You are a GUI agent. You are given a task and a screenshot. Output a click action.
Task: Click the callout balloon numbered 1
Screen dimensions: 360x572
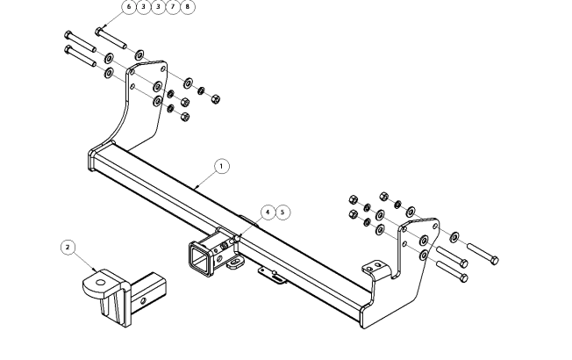pos(222,165)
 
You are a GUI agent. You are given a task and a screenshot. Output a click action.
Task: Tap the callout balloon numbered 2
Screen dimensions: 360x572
pos(68,248)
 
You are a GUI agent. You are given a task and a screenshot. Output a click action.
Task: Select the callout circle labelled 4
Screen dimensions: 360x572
pos(268,212)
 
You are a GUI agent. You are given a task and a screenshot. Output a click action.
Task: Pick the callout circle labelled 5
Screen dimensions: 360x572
pos(282,212)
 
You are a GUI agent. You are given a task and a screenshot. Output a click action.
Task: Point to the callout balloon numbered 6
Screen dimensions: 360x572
pos(129,6)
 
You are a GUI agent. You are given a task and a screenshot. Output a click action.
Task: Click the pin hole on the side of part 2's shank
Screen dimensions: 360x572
pos(139,301)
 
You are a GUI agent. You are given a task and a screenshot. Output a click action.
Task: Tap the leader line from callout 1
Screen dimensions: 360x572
pos(206,179)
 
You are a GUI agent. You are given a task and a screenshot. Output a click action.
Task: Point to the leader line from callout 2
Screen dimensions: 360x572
pos(84,262)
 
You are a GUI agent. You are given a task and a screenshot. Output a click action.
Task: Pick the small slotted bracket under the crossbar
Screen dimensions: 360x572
pos(272,275)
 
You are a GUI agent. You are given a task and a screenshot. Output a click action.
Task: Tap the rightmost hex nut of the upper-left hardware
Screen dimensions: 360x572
pos(216,97)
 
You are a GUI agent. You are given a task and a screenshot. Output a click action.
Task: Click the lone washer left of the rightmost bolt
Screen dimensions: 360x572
pos(454,237)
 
